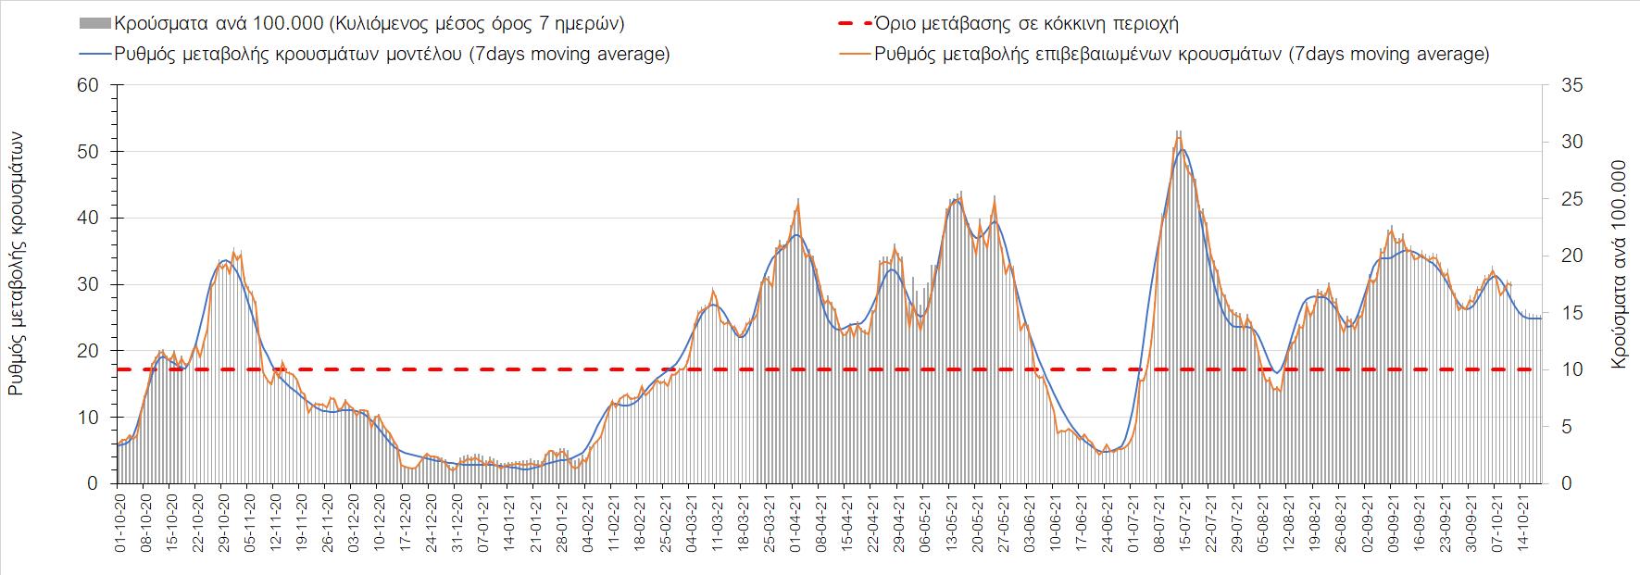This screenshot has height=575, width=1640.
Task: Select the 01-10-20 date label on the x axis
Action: click(119, 524)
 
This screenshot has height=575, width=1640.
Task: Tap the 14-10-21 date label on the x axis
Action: click(1521, 524)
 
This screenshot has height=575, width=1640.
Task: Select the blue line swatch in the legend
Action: click(94, 54)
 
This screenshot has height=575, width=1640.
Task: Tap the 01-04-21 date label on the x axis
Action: click(795, 524)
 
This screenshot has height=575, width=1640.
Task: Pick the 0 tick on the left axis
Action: click(93, 483)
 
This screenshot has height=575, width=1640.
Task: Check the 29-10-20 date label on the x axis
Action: click(223, 524)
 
